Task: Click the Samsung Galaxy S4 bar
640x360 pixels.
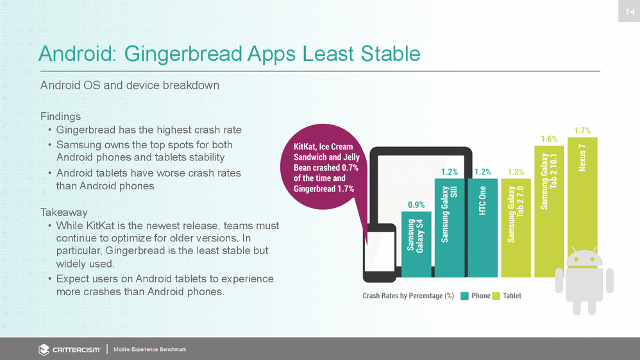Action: (x=416, y=244)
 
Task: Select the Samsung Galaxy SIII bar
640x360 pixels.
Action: (x=450, y=228)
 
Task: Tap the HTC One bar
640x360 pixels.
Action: (x=483, y=228)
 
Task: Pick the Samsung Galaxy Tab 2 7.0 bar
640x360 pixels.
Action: (x=516, y=228)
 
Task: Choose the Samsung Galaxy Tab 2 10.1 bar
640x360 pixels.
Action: (x=550, y=211)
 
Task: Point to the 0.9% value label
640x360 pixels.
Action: (x=416, y=205)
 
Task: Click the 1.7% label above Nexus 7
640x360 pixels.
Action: (x=582, y=131)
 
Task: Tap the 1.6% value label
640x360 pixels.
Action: (x=550, y=139)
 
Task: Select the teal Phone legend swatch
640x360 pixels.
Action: (x=464, y=296)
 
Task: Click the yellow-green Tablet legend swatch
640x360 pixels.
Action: (x=496, y=296)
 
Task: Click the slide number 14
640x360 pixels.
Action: (x=630, y=12)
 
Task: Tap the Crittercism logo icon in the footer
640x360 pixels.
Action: (x=44, y=350)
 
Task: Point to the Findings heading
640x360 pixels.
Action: (x=60, y=116)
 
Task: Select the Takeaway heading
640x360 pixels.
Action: (x=63, y=212)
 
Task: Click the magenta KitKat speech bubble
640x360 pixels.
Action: (x=324, y=167)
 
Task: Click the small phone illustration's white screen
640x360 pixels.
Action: (x=380, y=251)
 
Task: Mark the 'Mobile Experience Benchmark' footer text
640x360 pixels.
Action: (x=150, y=349)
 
